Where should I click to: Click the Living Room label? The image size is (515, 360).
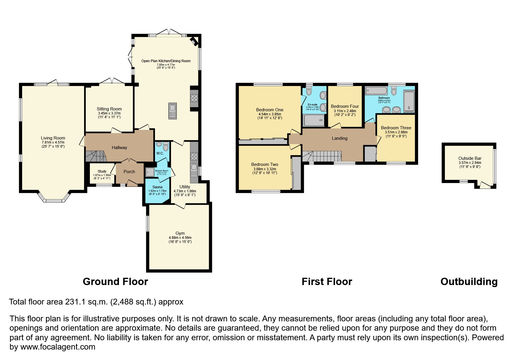coord(53,138)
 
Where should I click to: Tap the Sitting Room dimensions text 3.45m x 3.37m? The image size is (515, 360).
coord(109,113)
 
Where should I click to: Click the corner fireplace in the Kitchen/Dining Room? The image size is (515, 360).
coord(194,42)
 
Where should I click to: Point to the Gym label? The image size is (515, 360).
coord(180,233)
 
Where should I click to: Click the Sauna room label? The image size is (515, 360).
coord(157,187)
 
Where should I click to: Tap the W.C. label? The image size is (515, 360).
coord(160,153)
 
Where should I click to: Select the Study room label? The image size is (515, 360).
coord(102,171)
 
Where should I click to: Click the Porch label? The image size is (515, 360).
coord(129,172)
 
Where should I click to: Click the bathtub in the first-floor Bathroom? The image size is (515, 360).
coord(376,91)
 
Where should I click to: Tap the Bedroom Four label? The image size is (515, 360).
coord(345,106)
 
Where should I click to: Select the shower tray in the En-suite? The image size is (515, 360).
coord(314,120)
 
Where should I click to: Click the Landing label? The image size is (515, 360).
coord(339,138)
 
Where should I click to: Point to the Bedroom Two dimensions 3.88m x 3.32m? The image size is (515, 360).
coord(264,169)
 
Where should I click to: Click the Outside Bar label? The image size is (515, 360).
coord(470,158)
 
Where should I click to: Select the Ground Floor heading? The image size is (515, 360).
coord(115,282)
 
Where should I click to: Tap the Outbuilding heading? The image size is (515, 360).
coord(469,282)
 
